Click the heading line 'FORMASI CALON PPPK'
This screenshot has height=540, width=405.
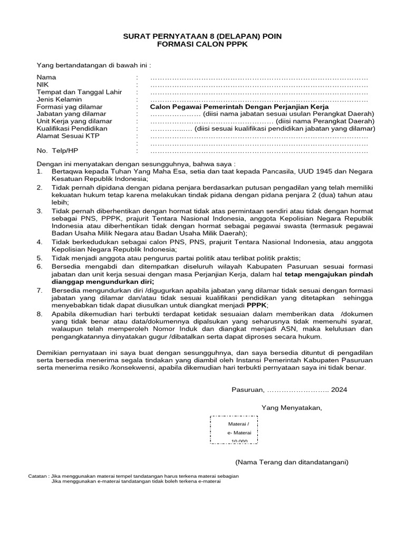(202, 46)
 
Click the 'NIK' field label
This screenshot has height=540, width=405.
(42, 85)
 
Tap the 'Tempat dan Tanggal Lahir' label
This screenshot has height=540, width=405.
(79, 92)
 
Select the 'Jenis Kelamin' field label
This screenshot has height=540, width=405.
(59, 99)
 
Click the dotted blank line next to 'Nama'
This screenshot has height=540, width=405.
(259, 78)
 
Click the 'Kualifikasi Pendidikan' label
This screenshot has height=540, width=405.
(72, 129)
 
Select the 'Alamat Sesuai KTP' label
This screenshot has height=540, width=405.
(68, 136)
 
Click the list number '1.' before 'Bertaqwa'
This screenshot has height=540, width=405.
(39, 172)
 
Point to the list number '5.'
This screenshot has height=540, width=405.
(39, 258)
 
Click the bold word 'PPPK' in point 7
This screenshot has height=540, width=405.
(257, 305)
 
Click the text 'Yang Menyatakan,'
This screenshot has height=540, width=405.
(292, 408)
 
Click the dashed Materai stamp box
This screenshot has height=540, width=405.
(234, 431)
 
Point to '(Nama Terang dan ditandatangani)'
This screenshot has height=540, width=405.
(292, 462)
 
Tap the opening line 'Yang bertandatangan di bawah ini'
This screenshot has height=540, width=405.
(93, 65)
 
